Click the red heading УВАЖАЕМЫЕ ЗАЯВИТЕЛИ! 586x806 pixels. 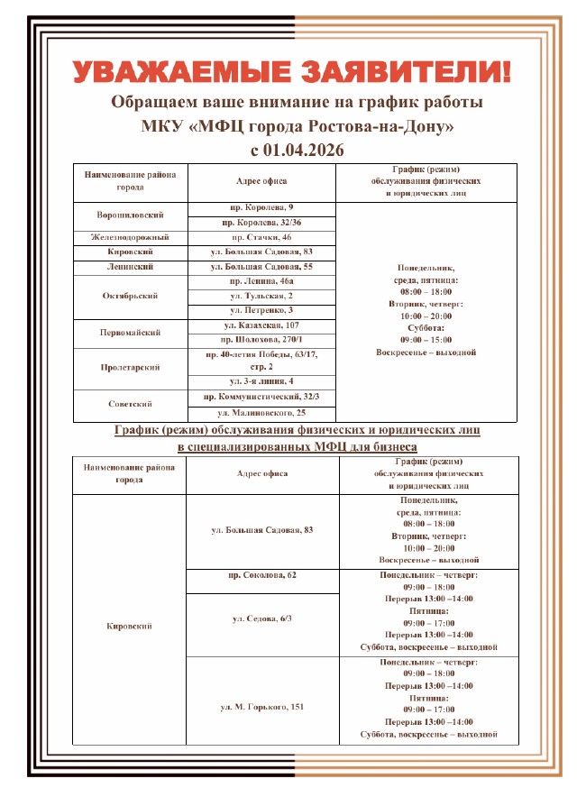tap(292, 70)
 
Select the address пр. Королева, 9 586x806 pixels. tap(261, 208)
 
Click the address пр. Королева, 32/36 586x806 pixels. tap(261, 223)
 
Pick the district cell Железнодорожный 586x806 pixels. tap(130, 237)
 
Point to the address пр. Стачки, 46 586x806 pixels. tap(261, 237)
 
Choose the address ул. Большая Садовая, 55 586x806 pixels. tap(261, 267)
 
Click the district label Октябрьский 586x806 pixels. tap(130, 296)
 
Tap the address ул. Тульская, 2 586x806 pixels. tap(261, 296)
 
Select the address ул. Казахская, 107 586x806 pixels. tap(261, 325)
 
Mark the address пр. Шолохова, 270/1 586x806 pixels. tap(261, 339)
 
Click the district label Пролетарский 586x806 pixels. tap(130, 368)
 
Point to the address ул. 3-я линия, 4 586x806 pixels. tap(261, 382)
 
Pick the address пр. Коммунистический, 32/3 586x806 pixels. tap(261, 397)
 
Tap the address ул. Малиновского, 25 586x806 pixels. tap(261, 412)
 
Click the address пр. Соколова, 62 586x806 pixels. tap(261, 574)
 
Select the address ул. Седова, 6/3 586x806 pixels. tap(261, 618)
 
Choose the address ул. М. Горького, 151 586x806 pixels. tap(261, 706)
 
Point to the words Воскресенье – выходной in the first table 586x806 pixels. tap(426, 353)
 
